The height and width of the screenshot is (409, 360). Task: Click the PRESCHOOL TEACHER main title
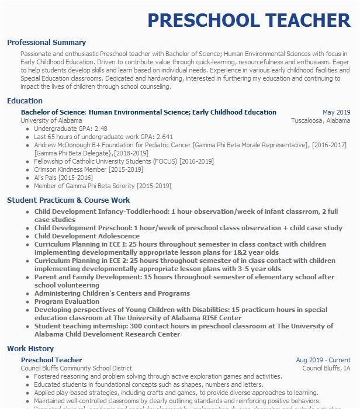(x=249, y=20)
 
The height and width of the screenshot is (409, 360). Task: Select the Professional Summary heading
(x=46, y=43)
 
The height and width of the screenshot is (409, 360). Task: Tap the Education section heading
(x=25, y=101)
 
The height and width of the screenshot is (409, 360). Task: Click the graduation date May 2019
(x=336, y=112)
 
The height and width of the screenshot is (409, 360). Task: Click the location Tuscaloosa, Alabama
(x=321, y=120)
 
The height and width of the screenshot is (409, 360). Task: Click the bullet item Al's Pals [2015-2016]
(x=63, y=178)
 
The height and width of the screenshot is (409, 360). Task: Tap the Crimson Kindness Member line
(x=88, y=169)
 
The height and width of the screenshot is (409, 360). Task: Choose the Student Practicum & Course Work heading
(x=68, y=200)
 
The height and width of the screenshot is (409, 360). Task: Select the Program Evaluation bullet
(x=67, y=301)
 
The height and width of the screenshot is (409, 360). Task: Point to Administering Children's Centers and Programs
(x=112, y=293)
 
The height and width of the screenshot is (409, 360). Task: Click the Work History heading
(x=30, y=349)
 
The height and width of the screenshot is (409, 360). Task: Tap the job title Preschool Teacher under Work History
(x=51, y=360)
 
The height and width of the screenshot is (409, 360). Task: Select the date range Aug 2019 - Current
(x=323, y=361)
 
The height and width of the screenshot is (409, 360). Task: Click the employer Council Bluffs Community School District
(x=77, y=369)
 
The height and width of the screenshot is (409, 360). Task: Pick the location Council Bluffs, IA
(x=326, y=369)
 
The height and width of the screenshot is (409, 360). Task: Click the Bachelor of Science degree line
(x=148, y=112)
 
